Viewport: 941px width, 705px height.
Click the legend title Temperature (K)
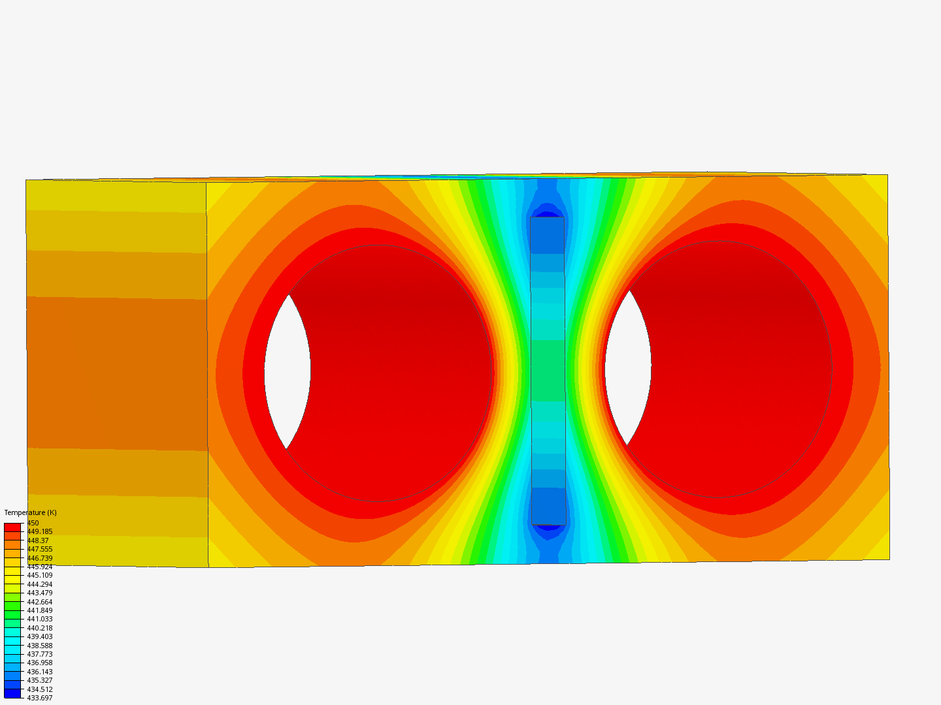pyautogui.click(x=30, y=512)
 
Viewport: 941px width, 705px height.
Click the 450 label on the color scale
pyautogui.click(x=33, y=523)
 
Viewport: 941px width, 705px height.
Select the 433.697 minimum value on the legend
pyautogui.click(x=39, y=698)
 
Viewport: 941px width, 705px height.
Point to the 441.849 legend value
pyautogui.click(x=39, y=610)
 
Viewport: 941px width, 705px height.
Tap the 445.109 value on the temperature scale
pyautogui.click(x=39, y=575)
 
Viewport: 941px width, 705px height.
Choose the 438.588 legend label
pyautogui.click(x=39, y=646)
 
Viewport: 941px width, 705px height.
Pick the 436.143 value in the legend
pyautogui.click(x=39, y=672)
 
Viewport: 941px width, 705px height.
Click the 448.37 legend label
pyautogui.click(x=37, y=540)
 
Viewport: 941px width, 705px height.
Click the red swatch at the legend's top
pyautogui.click(x=12, y=527)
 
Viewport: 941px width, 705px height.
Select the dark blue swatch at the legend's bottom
pyautogui.click(x=12, y=693)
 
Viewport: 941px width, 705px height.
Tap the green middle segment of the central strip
pyautogui.click(x=548, y=371)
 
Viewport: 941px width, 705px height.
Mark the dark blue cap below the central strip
pyautogui.click(x=548, y=530)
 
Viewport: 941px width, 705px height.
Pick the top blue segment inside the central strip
pyautogui.click(x=547, y=236)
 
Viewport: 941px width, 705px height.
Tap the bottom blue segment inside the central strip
pyautogui.click(x=548, y=506)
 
